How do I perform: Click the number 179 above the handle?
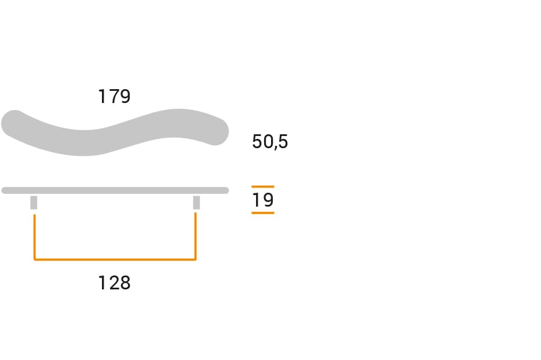click(114, 96)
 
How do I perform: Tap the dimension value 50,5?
click(270, 142)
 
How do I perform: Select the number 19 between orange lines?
click(262, 200)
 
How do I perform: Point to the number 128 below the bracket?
click(114, 283)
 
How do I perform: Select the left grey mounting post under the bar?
click(34, 203)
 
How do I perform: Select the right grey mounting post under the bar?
click(196, 203)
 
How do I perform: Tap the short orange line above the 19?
click(262, 186)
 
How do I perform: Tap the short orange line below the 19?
click(262, 213)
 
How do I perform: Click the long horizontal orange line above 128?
click(115, 259)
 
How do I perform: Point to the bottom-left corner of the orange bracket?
click(35, 259)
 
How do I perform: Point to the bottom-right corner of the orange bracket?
click(195, 259)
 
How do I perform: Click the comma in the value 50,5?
click(273, 148)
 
